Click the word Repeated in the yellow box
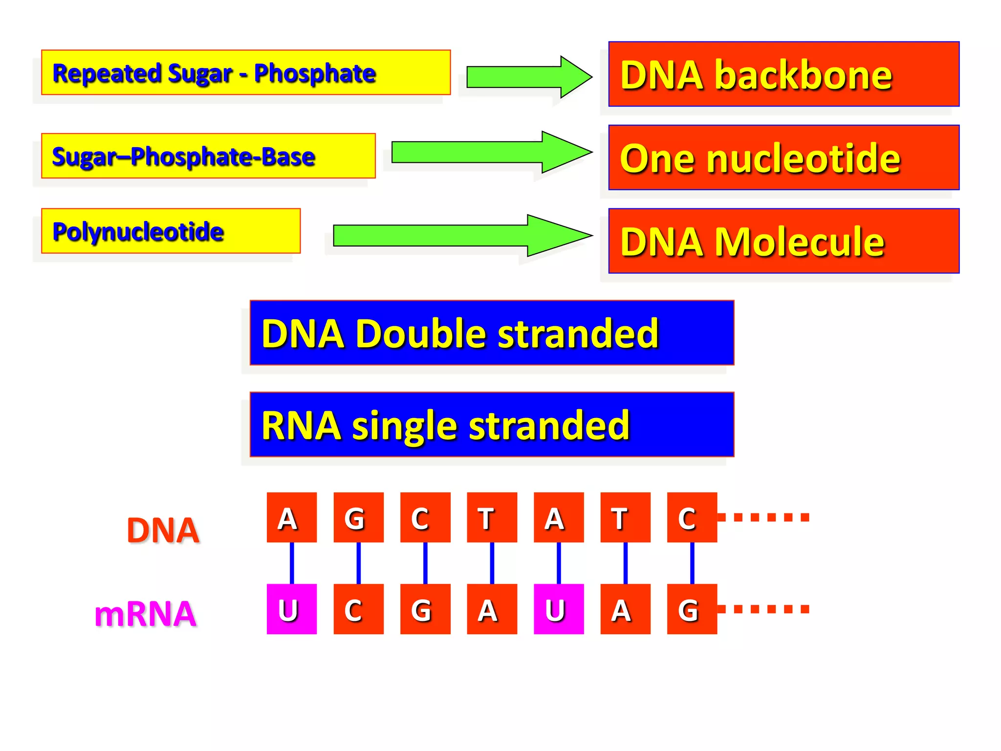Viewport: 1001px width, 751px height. [x=107, y=73]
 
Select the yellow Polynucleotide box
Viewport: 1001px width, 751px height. [x=171, y=231]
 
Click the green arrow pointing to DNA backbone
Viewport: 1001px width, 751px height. [x=528, y=77]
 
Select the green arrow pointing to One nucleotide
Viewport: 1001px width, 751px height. [x=489, y=152]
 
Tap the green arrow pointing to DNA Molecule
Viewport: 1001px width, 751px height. [x=459, y=236]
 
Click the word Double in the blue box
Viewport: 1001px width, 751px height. [x=421, y=333]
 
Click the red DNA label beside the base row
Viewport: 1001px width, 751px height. [x=163, y=530]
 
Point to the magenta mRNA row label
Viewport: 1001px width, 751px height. [x=145, y=614]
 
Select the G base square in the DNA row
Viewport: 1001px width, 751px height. [x=358, y=517]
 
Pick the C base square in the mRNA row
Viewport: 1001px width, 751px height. [x=358, y=609]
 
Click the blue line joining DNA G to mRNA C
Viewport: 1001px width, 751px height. [x=358, y=563]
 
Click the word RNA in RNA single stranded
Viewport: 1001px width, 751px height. [x=301, y=425]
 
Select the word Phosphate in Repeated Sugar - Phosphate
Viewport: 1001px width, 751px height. [x=314, y=73]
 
